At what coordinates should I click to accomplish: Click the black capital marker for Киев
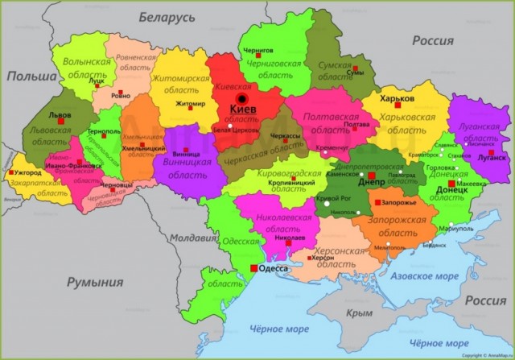[241, 98]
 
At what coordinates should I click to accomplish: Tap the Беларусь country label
[167, 16]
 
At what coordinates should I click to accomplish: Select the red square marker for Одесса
[254, 267]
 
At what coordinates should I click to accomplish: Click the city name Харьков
[396, 98]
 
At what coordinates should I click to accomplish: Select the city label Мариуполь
[456, 229]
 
